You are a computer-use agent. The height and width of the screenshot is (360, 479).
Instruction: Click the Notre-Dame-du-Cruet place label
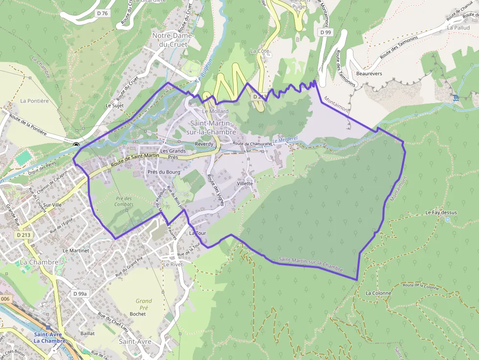(x=173, y=40)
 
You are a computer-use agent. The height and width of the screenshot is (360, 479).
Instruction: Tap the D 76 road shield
(x=102, y=13)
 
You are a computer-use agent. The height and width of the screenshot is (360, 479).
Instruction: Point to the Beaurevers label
(x=369, y=74)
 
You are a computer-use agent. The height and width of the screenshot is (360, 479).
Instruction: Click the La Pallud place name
(x=458, y=28)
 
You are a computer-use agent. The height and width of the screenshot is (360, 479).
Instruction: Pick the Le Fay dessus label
(x=441, y=212)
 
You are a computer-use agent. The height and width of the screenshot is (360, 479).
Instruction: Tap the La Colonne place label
(x=378, y=293)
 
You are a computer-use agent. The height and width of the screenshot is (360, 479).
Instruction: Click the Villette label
(x=245, y=184)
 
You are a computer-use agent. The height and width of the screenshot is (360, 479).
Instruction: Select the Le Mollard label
(x=215, y=111)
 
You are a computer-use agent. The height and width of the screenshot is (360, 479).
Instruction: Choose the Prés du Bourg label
(x=164, y=172)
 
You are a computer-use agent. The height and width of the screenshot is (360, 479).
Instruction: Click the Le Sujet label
(x=115, y=105)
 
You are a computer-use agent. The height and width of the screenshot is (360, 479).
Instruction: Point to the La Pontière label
(x=35, y=101)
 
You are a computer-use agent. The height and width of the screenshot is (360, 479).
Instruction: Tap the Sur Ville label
(x=52, y=205)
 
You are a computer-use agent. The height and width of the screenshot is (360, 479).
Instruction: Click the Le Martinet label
(x=76, y=250)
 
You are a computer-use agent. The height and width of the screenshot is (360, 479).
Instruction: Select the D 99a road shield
(x=80, y=294)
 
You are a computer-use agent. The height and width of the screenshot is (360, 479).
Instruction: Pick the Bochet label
(x=138, y=314)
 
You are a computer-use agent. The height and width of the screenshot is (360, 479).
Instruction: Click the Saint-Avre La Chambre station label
(x=49, y=338)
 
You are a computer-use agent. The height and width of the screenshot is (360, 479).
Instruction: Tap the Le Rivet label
(x=173, y=264)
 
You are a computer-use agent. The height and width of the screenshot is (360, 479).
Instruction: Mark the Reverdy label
(x=204, y=144)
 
